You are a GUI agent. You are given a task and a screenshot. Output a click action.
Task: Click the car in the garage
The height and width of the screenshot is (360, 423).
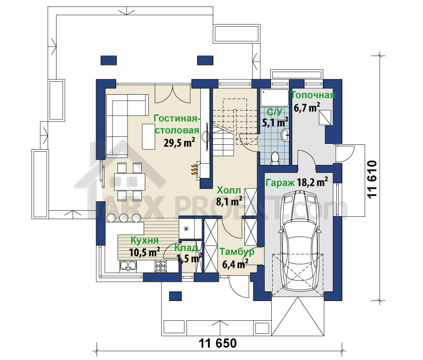pos(300,241)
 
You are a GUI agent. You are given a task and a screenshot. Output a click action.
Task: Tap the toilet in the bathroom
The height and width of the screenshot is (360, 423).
pos(275,158)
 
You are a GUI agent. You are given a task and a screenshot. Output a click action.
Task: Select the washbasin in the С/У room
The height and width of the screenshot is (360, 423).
pos(285,135)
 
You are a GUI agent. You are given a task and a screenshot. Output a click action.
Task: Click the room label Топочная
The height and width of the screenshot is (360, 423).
pos(313,95)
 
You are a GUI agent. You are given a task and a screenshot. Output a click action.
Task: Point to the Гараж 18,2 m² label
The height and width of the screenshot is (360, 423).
pos(297,182)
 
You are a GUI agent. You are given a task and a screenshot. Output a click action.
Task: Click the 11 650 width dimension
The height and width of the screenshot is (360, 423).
pos(218,343)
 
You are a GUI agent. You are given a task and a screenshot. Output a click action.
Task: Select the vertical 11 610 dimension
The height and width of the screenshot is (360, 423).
pos(372,180)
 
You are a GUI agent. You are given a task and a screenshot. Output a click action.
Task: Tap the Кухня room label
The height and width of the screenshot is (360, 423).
pos(145,240)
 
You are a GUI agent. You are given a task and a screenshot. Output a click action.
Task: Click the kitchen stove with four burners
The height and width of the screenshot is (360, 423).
pos(160,266)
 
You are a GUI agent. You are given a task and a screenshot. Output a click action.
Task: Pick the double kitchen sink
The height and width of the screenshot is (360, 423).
pos(128,266)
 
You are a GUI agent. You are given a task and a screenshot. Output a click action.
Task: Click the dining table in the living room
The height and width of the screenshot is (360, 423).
pos(129,181)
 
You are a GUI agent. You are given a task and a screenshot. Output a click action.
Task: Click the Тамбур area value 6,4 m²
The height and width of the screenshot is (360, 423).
pos(234,264)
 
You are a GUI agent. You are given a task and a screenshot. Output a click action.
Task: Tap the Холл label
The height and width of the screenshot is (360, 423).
pos(229,190)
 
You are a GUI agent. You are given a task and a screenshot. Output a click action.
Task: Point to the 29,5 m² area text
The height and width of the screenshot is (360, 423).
pos(180,143)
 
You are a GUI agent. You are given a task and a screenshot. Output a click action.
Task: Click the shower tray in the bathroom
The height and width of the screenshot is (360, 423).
pos(274,98)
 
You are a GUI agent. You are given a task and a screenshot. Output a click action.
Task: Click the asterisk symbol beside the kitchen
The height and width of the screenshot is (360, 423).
pos(186,229)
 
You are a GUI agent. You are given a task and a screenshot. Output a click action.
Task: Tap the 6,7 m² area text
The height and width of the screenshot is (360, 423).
pos(307,108)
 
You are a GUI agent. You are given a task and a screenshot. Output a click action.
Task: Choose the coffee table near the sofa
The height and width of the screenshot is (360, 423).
pos(149,136)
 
